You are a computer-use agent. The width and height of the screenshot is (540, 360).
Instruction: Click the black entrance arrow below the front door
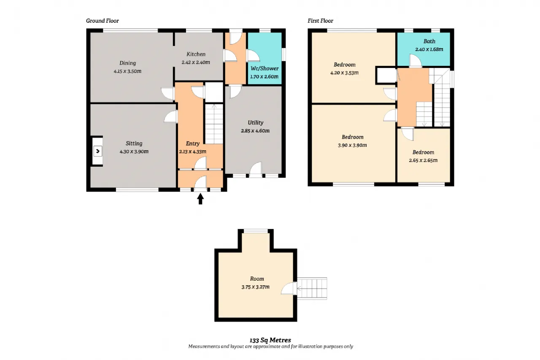click(x=200, y=199)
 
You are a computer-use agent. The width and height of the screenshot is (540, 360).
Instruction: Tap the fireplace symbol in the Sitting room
click(x=97, y=151)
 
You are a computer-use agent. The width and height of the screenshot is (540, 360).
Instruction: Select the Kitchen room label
click(x=196, y=54)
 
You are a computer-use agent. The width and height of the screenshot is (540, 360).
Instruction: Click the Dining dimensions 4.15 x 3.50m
click(x=127, y=71)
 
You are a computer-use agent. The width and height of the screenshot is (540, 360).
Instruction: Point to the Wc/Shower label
click(x=265, y=68)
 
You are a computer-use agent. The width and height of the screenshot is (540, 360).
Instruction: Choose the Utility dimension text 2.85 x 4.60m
click(x=255, y=131)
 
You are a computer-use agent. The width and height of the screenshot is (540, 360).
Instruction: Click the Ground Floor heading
click(x=103, y=21)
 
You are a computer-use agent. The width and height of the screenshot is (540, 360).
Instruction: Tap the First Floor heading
click(x=320, y=21)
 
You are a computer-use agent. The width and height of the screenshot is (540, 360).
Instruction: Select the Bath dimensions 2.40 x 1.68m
click(x=429, y=49)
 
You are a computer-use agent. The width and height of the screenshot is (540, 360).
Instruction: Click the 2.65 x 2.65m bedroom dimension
click(x=423, y=160)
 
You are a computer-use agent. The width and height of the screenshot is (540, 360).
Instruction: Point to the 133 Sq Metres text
click(x=270, y=340)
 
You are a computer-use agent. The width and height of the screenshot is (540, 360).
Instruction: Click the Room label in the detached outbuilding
click(x=257, y=279)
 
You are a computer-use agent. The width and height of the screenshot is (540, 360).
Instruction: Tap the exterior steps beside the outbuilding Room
click(x=312, y=288)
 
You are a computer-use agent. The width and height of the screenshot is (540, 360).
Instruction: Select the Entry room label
click(x=193, y=143)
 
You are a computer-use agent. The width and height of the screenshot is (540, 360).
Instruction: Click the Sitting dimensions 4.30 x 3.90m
click(x=134, y=152)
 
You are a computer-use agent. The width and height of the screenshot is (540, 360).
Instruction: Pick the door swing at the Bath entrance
click(x=416, y=60)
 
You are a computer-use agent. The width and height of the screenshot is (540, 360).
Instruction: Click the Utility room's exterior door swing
click(x=256, y=169)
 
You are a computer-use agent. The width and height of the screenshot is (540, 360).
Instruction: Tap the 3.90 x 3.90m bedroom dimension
click(x=352, y=145)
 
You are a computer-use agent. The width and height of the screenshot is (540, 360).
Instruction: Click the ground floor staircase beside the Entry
click(x=214, y=124)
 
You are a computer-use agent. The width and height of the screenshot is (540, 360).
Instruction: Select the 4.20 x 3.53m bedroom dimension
click(x=345, y=73)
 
